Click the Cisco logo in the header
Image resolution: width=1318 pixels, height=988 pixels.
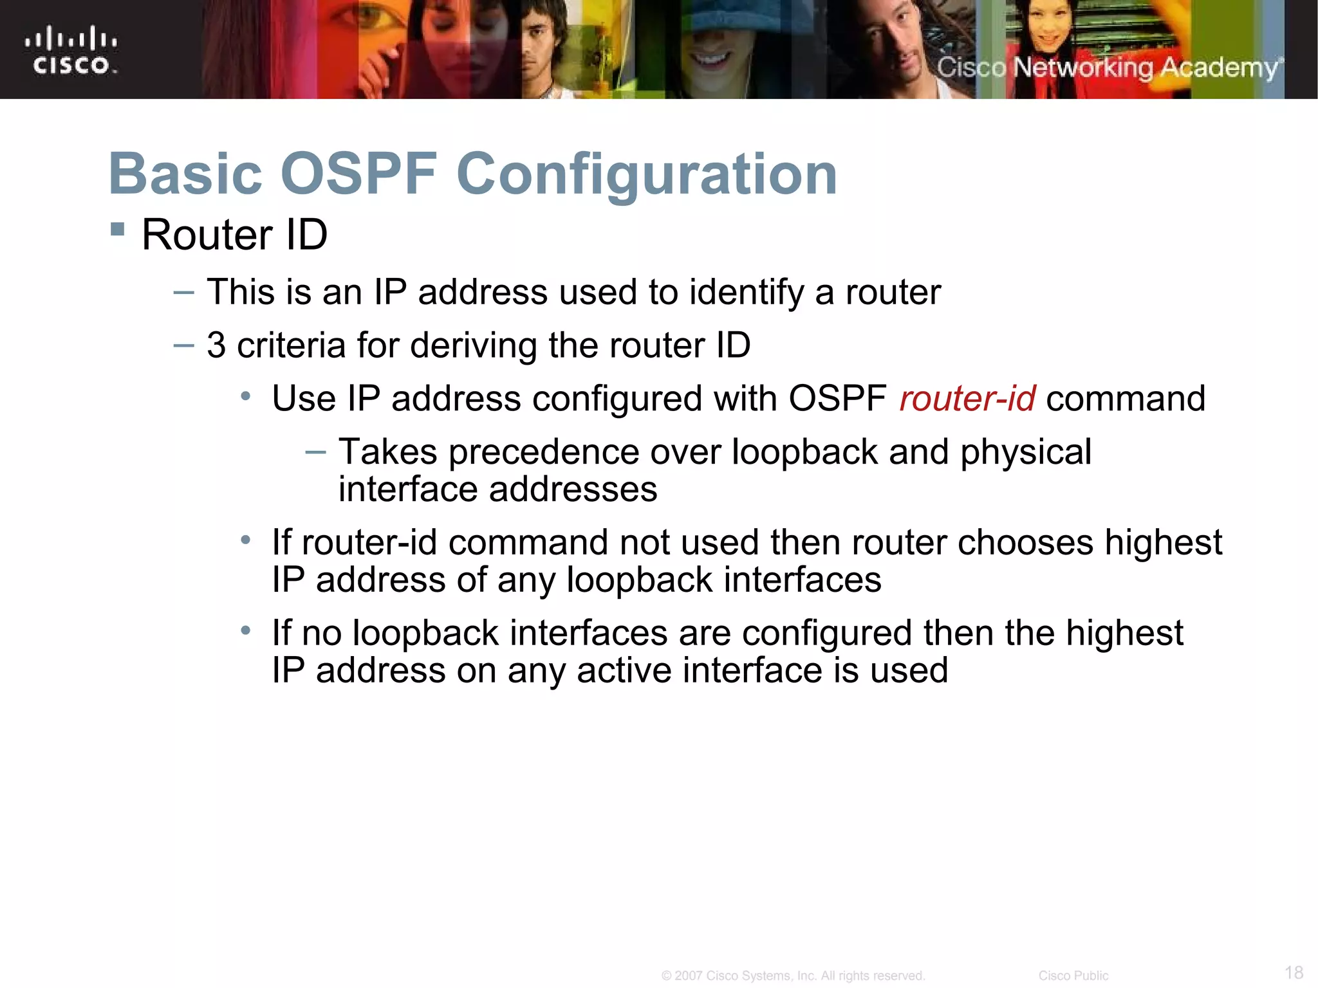click(x=71, y=50)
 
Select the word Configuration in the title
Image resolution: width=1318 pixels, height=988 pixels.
click(x=647, y=175)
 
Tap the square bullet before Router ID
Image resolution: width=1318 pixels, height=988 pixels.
click(x=117, y=230)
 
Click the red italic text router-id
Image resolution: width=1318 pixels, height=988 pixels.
click(x=967, y=398)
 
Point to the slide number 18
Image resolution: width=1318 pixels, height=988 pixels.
click(x=1294, y=972)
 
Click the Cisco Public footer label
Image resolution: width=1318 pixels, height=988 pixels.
click(x=1073, y=976)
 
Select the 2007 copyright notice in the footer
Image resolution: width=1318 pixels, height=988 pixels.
click(x=793, y=976)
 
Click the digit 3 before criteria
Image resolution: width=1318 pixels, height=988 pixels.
click(x=216, y=345)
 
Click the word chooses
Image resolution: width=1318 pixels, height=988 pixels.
click(x=1025, y=543)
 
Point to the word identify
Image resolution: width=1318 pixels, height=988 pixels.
click(x=747, y=293)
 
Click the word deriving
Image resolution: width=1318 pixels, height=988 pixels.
click(x=473, y=345)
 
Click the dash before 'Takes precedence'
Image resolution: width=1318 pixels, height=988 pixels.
click(x=315, y=452)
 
